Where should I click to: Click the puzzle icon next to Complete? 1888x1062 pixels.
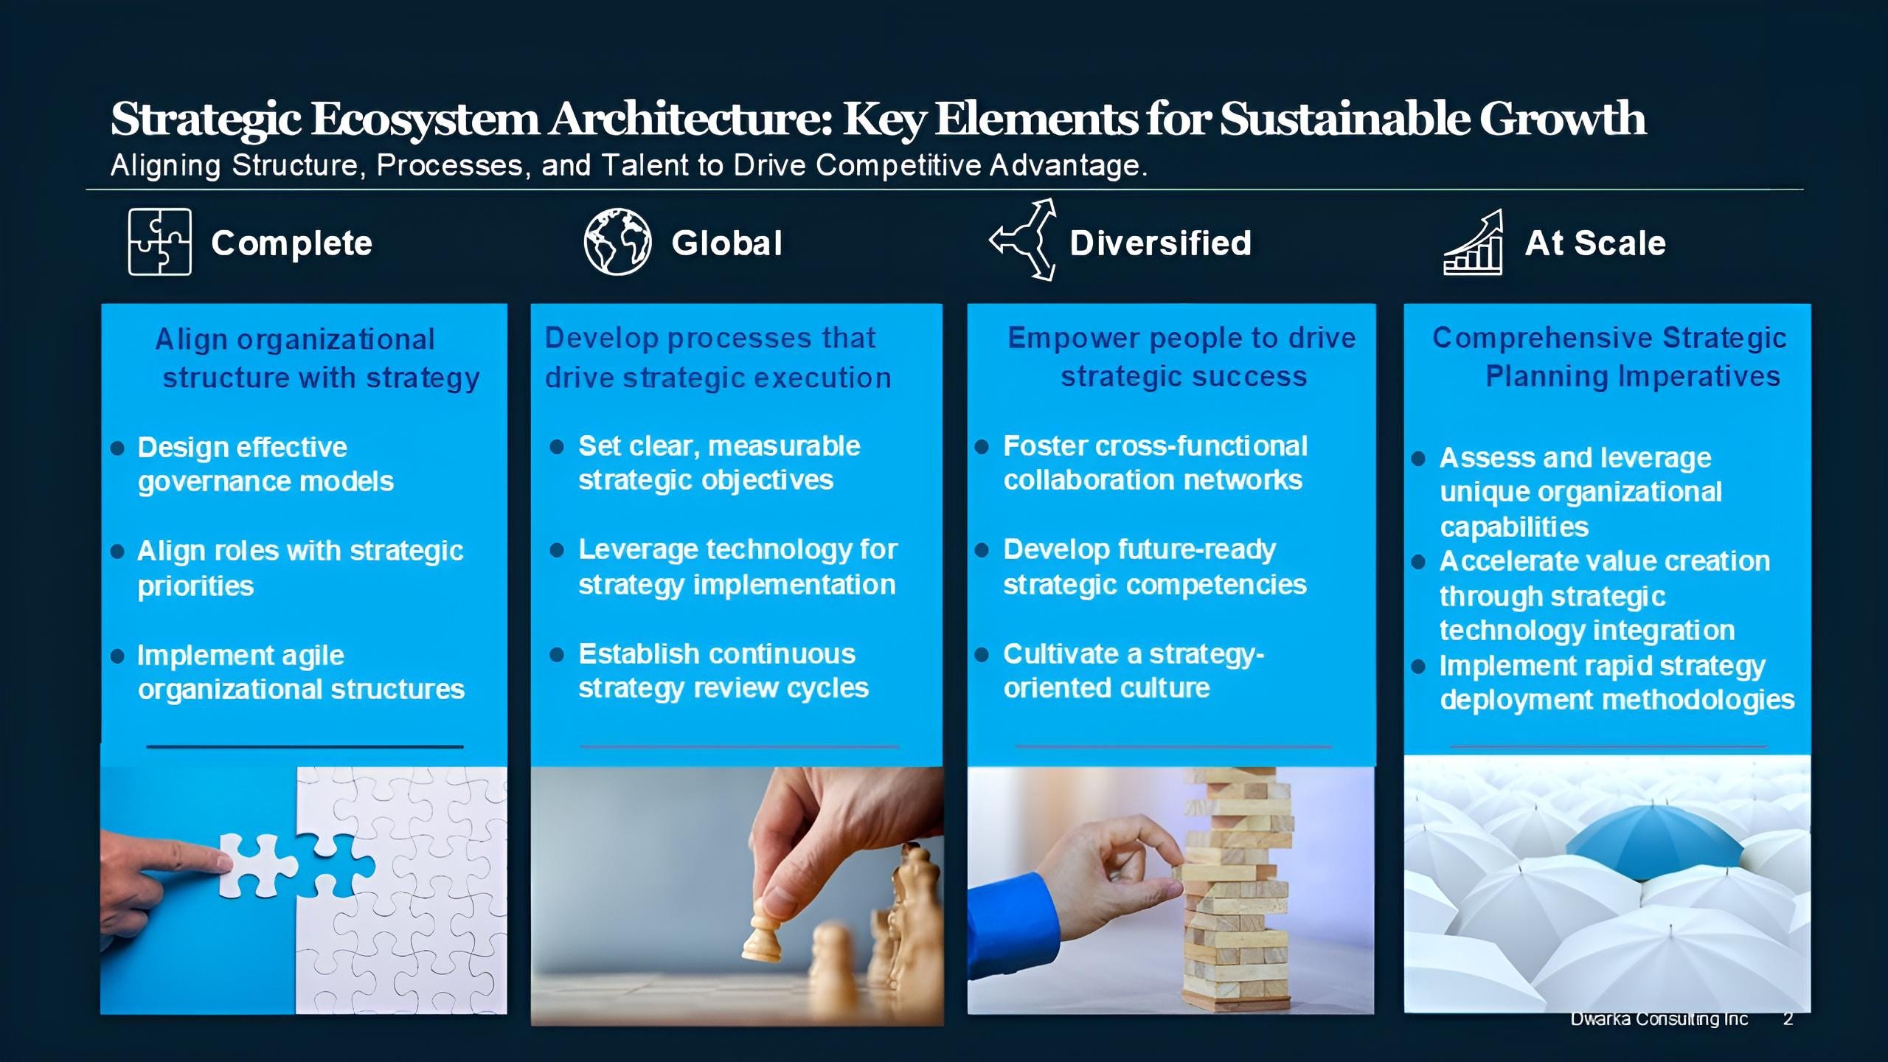[x=159, y=242]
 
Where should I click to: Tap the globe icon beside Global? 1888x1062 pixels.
[x=617, y=242]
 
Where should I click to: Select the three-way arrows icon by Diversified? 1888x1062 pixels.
[x=1024, y=240]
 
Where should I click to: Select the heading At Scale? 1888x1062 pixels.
[x=1594, y=243]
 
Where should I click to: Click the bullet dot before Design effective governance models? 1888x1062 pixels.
[x=117, y=448]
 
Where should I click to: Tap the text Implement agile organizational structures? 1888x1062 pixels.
[x=301, y=672]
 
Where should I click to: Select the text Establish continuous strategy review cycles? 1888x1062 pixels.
[x=723, y=670]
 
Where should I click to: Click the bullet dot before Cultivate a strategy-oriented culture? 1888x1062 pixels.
[x=982, y=654]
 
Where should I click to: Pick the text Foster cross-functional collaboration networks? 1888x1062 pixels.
[x=1155, y=462]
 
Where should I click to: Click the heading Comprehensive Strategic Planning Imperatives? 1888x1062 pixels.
[x=1608, y=357]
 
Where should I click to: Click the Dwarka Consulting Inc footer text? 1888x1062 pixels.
[x=1659, y=1019]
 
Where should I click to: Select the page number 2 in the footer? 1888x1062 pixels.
[x=1788, y=1019]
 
